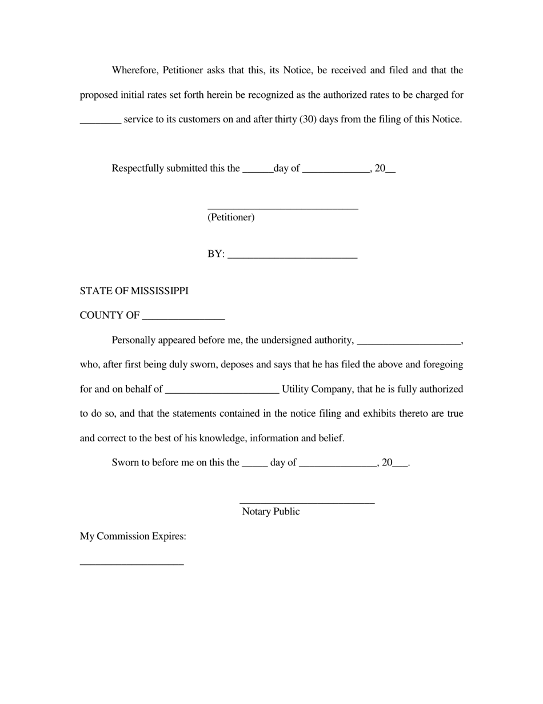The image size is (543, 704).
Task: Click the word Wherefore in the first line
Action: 135,70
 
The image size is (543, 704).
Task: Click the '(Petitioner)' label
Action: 231,217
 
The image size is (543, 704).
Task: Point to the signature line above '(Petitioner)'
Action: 282,209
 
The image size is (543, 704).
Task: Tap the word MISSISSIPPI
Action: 159,291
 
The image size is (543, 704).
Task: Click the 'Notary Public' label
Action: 270,512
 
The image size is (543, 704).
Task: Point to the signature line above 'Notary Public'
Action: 307,503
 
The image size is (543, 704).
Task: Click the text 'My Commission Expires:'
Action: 133,536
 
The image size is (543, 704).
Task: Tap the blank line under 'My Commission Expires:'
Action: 131,564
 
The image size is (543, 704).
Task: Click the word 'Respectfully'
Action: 138,168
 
